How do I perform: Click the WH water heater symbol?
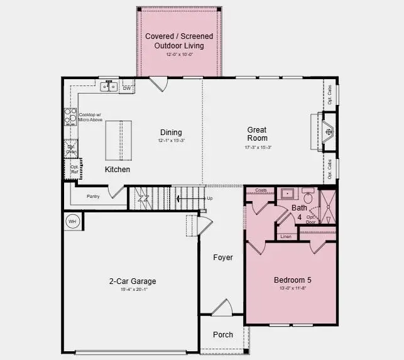72,222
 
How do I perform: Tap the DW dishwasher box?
127,89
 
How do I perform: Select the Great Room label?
257,134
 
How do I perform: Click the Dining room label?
171,133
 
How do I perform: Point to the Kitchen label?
117,170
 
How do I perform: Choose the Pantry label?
94,197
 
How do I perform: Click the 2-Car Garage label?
132,281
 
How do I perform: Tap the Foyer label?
223,258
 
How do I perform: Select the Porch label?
222,335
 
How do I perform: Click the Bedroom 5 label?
292,280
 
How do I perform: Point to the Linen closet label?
286,237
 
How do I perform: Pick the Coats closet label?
261,190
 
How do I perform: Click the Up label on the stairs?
210,199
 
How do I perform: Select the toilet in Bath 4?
308,197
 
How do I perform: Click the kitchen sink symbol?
109,86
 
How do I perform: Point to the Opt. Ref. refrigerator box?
74,169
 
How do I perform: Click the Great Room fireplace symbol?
328,132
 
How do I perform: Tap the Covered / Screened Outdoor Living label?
179,41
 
